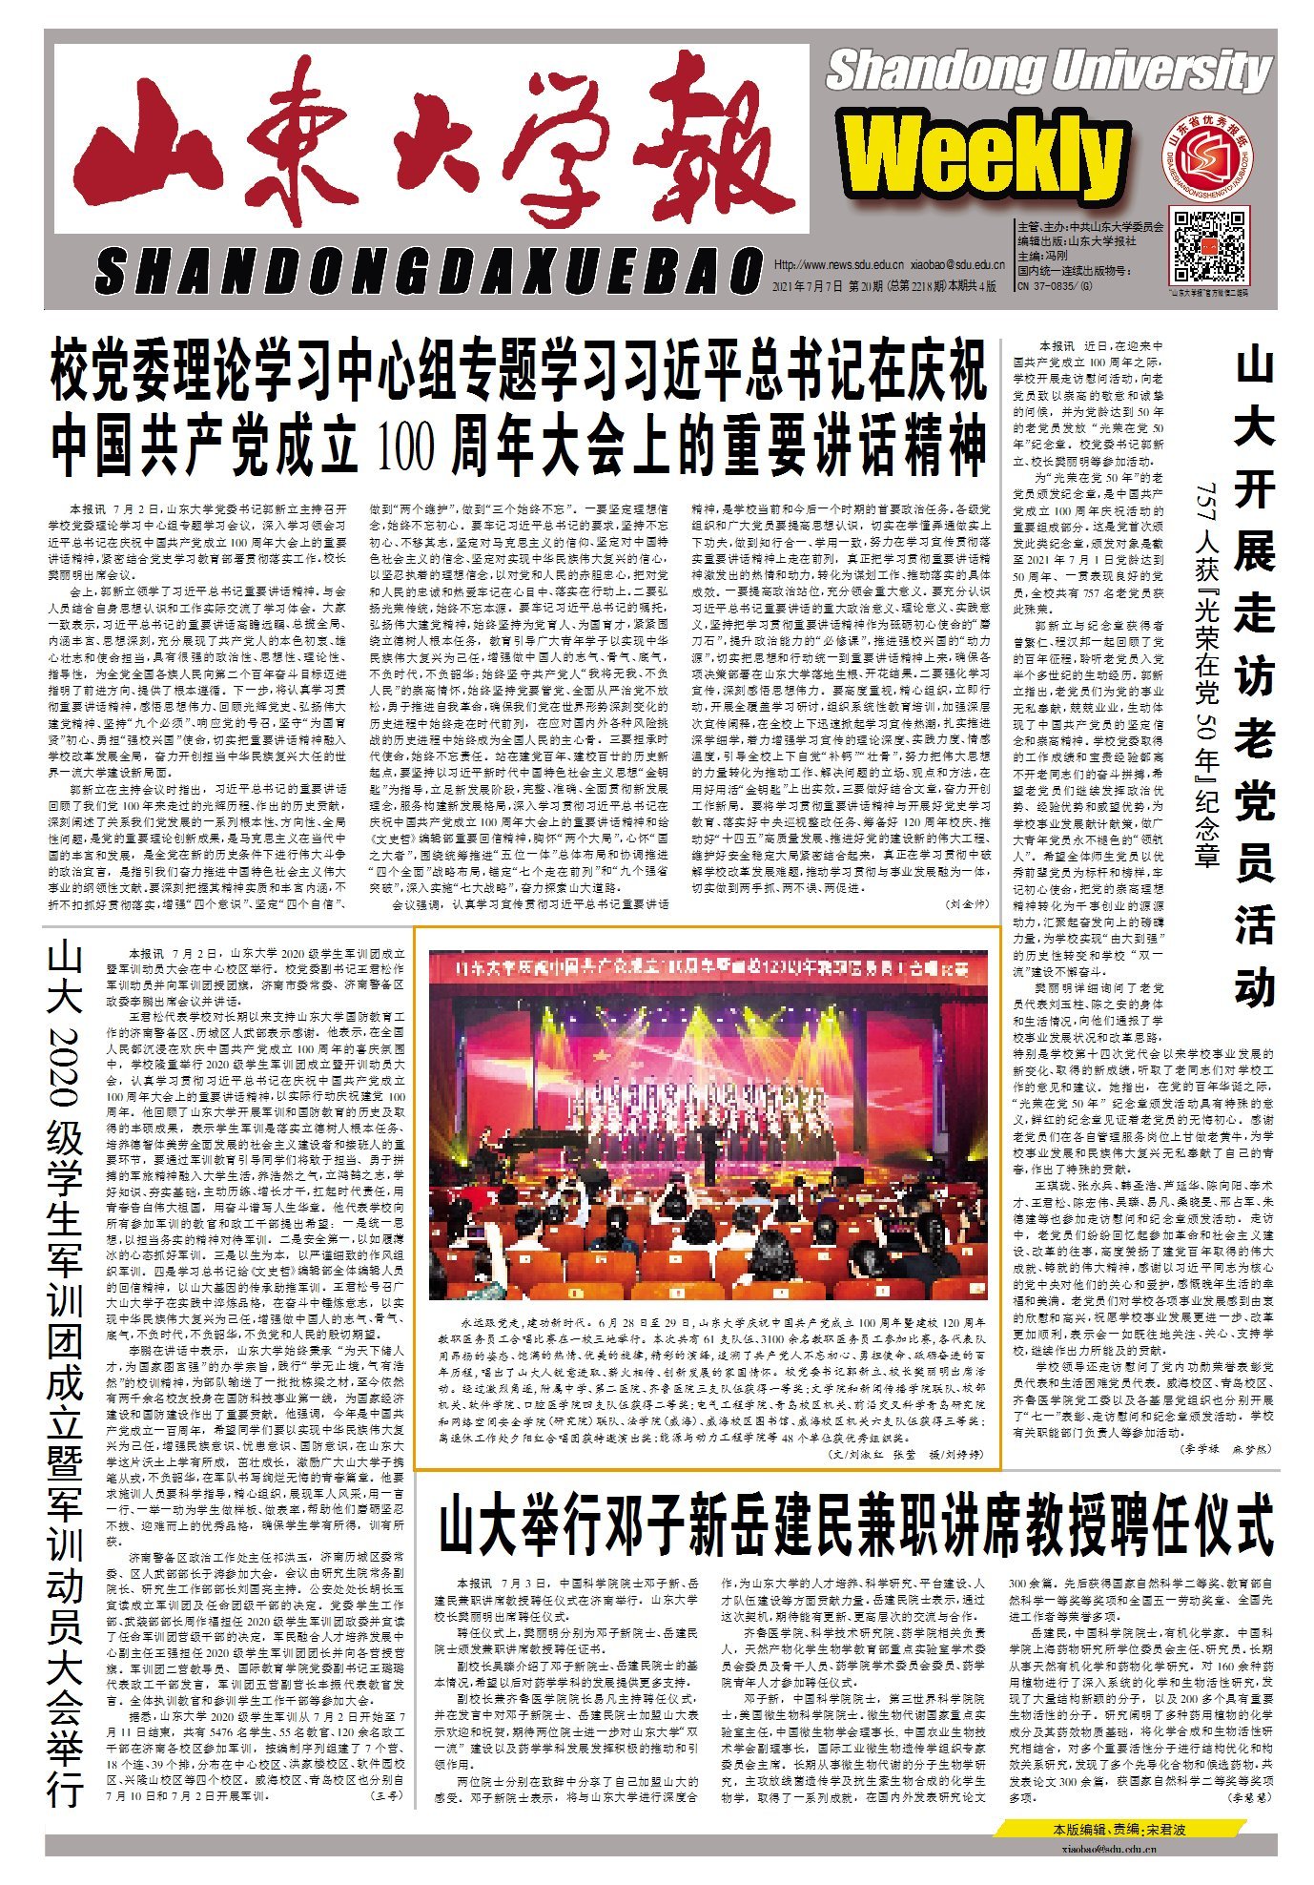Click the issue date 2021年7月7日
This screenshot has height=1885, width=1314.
click(x=801, y=285)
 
